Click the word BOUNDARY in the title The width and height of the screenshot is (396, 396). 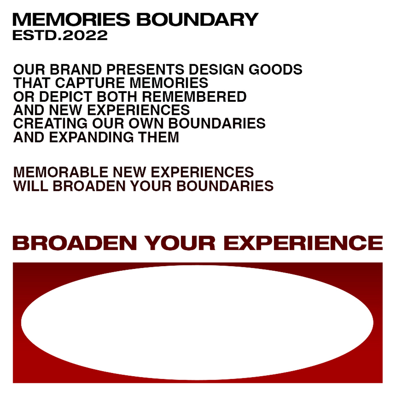(x=197, y=19)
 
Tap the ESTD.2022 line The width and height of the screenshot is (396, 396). (x=60, y=35)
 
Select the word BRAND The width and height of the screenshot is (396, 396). (x=76, y=69)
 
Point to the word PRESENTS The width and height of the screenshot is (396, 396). (x=145, y=69)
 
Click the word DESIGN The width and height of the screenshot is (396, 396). (x=217, y=69)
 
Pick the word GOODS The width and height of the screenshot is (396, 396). (x=275, y=69)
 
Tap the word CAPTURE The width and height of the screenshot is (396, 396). (x=90, y=83)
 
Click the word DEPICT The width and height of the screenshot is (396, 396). (x=66, y=97)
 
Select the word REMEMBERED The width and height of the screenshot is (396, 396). (x=194, y=97)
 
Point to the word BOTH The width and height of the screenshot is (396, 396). (x=117, y=97)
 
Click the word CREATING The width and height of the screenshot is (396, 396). (x=50, y=124)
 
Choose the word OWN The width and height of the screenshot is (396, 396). (x=146, y=124)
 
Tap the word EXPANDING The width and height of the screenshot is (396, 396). (x=91, y=137)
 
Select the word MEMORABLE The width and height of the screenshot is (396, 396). (x=61, y=172)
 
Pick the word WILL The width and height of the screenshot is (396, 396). (x=30, y=186)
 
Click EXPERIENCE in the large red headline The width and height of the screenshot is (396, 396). (x=303, y=243)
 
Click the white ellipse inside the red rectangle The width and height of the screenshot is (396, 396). (x=197, y=322)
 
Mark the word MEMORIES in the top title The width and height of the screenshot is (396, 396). (x=71, y=19)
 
